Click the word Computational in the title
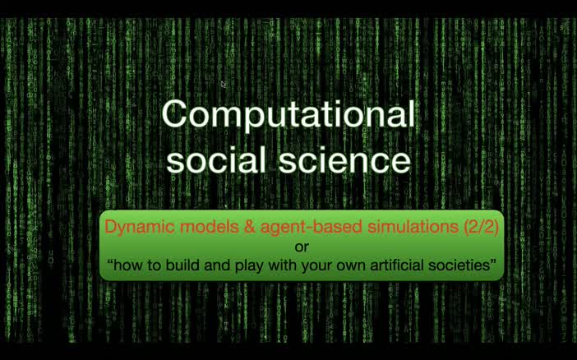click(x=288, y=114)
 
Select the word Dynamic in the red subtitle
click(x=131, y=227)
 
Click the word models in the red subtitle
click(x=192, y=227)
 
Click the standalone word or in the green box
click(x=302, y=245)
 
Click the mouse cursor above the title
click(x=224, y=84)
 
